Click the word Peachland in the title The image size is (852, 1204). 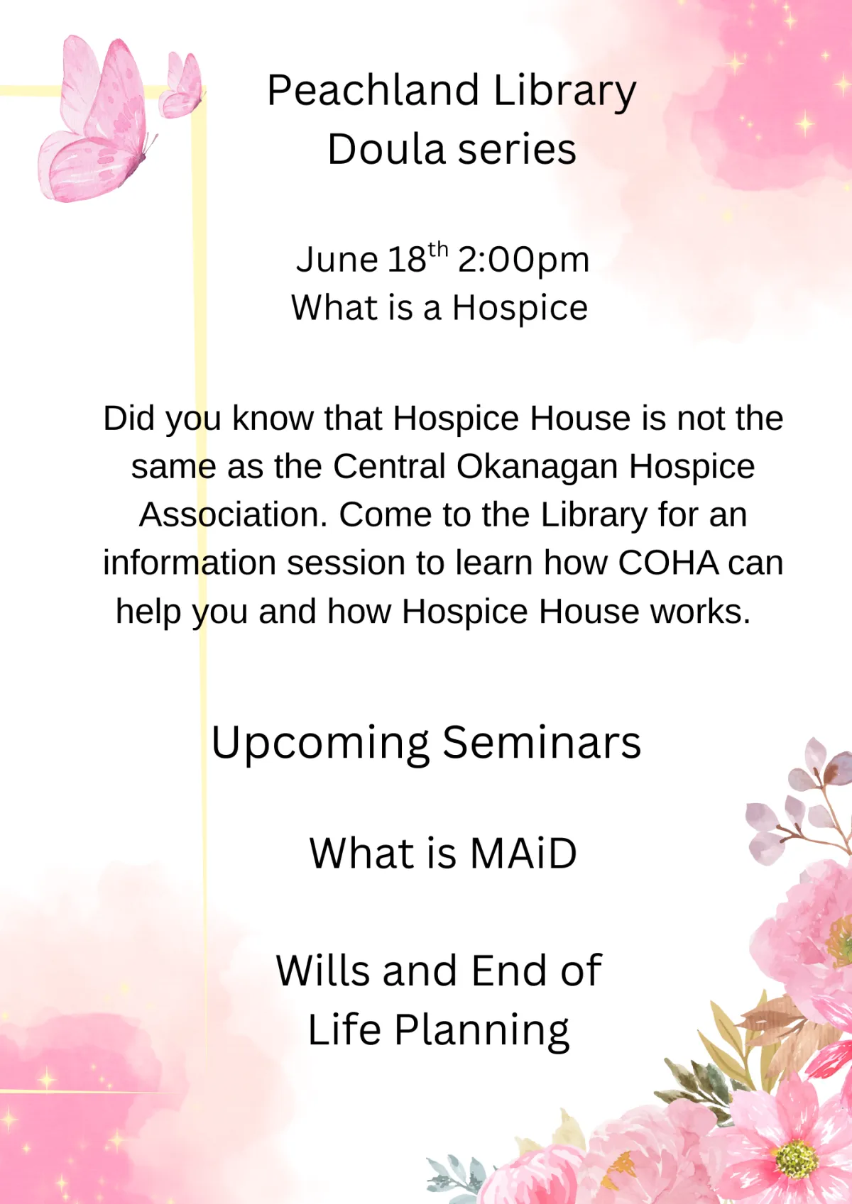click(x=373, y=90)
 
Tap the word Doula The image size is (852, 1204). click(x=386, y=149)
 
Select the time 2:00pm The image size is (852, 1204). click(x=524, y=260)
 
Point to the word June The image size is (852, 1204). click(x=337, y=260)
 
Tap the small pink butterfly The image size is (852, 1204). click(x=182, y=86)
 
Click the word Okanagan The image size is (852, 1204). click(x=537, y=467)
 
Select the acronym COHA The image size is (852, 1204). click(x=668, y=563)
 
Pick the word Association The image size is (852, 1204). click(x=233, y=515)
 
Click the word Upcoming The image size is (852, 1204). click(x=320, y=744)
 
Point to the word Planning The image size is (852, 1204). click(x=482, y=1031)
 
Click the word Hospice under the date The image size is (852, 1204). click(x=520, y=309)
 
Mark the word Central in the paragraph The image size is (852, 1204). click(x=389, y=466)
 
